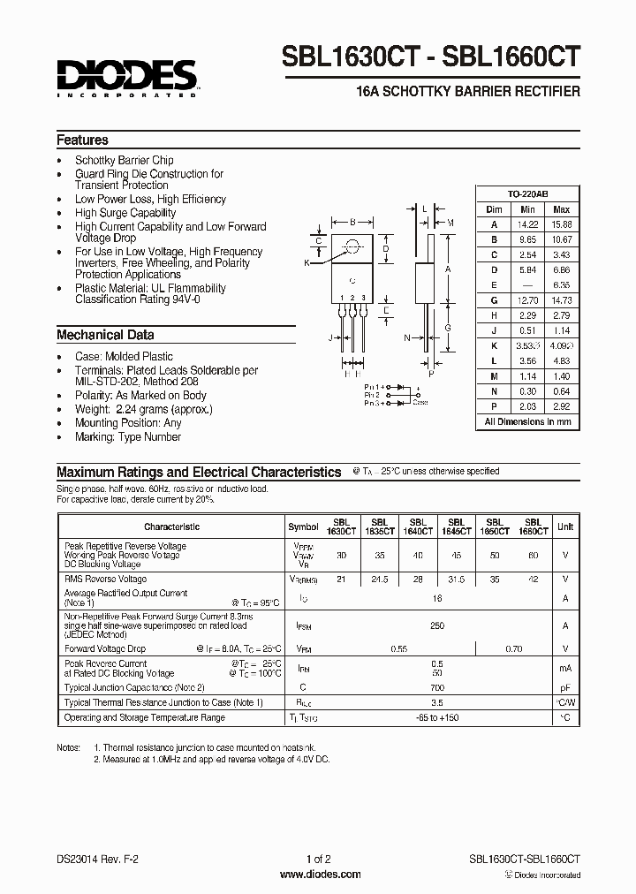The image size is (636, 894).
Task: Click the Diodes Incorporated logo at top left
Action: pos(126,78)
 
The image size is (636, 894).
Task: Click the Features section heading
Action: pos(82,140)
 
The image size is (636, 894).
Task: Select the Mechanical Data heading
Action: pos(105,335)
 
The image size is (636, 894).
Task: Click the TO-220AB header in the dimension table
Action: pos(527,193)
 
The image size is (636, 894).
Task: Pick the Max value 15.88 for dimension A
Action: pos(561,224)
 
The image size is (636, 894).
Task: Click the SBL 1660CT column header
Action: pos(533,527)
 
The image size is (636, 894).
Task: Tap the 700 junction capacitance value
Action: pos(436,687)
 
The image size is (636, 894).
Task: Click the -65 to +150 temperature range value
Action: pos(436,717)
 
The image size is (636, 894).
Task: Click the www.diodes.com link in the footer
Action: pos(319,875)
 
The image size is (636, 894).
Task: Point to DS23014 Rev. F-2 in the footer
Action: pos(96,858)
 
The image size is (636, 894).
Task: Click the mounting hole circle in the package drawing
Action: pos(352,246)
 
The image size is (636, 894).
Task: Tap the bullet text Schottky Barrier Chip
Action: pos(125,161)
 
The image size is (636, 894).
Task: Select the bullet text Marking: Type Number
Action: pos(128,436)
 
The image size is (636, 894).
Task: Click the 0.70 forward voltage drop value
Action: pos(514,648)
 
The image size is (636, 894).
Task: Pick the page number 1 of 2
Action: pos(318,858)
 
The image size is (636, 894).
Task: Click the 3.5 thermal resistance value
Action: pos(436,702)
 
